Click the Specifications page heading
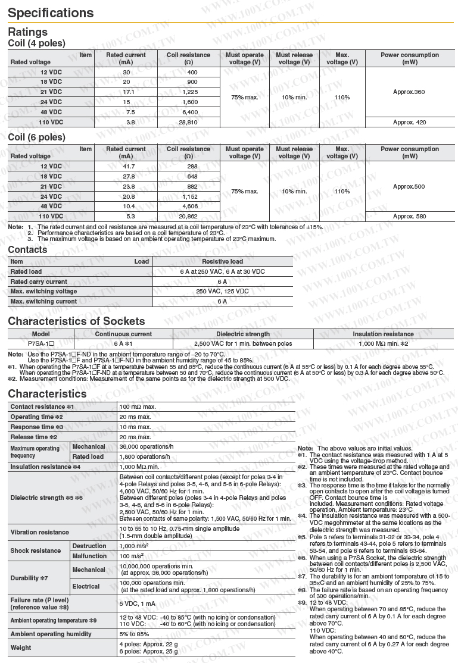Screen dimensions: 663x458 tap(51, 13)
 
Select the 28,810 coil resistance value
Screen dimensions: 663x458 tap(188, 122)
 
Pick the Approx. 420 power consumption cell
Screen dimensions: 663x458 tap(409, 122)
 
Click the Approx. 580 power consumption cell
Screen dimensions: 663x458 tap(409, 217)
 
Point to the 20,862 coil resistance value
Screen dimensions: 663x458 tap(188, 217)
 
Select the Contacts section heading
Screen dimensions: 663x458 tap(27, 250)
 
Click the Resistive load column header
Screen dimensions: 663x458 tap(222, 261)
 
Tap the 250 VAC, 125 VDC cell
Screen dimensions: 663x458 tap(222, 292)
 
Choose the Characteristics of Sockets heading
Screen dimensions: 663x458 tap(76, 321)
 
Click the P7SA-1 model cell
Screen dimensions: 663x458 tap(41, 343)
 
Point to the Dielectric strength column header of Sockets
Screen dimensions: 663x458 tap(242, 334)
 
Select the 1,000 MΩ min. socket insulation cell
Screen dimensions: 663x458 tap(383, 343)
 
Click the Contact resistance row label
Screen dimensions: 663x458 tap(42, 407)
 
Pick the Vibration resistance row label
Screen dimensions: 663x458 tap(39, 532)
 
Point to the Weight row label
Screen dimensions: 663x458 tap(21, 648)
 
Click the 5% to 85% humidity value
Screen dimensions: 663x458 tap(136, 634)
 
